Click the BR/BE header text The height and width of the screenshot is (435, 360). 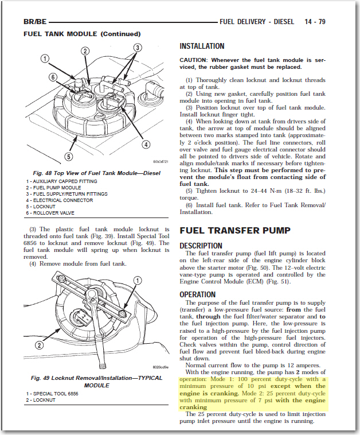(35, 22)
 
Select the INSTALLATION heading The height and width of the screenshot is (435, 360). (202, 46)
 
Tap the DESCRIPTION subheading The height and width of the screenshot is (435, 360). (201, 245)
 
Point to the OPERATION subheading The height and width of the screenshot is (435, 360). (198, 294)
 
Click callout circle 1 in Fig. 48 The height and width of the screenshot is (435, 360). (45, 59)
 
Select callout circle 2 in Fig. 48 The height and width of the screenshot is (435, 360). (85, 51)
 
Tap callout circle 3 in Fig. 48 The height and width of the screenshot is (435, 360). (138, 47)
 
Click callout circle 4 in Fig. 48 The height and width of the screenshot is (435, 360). (147, 144)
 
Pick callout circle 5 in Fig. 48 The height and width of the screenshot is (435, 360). (69, 156)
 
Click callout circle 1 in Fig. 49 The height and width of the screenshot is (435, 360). (137, 279)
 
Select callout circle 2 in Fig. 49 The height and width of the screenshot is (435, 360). (40, 345)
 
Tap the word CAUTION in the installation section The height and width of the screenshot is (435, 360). (194, 60)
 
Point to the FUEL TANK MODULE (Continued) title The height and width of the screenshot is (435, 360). (82, 34)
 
